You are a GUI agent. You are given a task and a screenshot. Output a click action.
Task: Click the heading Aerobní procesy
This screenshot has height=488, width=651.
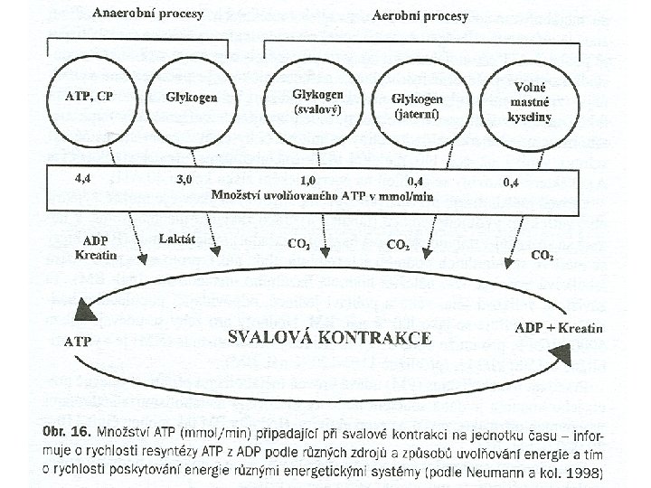pos(420,17)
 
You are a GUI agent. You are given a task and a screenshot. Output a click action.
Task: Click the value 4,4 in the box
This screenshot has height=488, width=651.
pos(83,179)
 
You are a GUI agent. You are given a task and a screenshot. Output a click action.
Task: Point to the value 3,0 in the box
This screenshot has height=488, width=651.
pos(184,180)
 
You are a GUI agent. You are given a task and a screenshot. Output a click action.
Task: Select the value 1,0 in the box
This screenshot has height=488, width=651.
pos(308,181)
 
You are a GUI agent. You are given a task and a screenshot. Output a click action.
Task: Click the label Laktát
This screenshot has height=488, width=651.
pos(175,239)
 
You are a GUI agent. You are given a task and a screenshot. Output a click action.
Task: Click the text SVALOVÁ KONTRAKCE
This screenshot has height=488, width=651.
pos(330,338)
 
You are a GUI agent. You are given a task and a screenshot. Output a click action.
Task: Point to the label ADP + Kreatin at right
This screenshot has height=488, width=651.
pos(557,326)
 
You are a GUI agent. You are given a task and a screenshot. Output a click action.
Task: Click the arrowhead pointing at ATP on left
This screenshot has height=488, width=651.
pos(86,311)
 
